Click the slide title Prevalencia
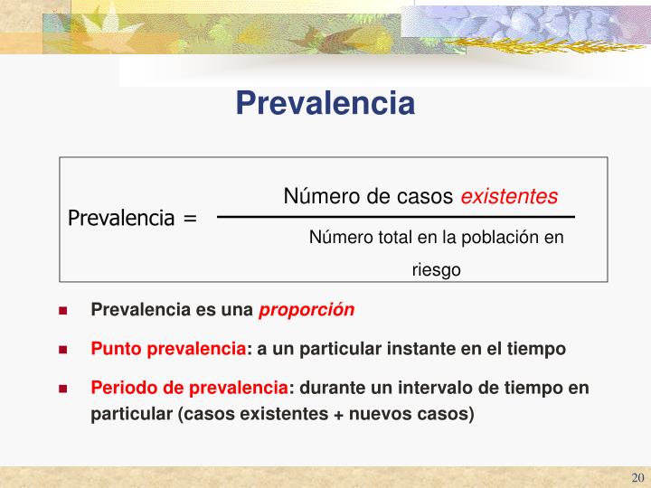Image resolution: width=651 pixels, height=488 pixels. (x=325, y=103)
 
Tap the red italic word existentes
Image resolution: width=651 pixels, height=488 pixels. (x=510, y=196)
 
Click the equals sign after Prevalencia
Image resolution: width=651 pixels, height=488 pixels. (x=189, y=219)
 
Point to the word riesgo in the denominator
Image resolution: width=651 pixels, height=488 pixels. (x=437, y=269)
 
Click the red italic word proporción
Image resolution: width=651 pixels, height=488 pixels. (x=307, y=310)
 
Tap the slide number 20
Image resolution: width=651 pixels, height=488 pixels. (x=637, y=478)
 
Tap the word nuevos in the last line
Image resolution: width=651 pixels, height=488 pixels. (x=391, y=414)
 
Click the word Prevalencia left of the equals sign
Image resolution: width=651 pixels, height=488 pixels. (x=121, y=219)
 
